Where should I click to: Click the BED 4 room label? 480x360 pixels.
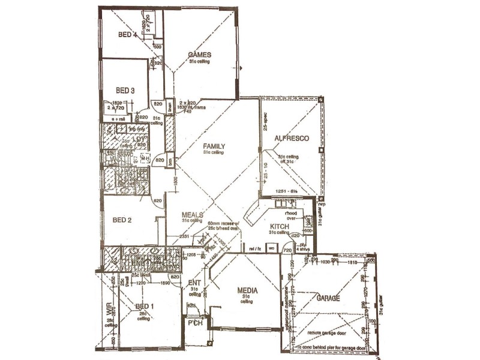pos(127,35)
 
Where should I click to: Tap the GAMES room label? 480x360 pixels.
pos(199,54)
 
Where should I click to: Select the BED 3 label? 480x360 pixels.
pos(125,91)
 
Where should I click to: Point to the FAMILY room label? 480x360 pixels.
pos(213,146)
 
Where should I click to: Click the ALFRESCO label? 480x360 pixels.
pos(291,139)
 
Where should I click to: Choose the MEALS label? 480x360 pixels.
pos(193,214)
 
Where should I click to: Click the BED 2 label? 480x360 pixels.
pos(122,220)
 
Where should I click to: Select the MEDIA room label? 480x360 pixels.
pos(247,290)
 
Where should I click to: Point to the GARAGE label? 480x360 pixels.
pos(328,298)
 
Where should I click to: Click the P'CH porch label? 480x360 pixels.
pos(194,325)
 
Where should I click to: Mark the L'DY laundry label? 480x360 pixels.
pos(139,140)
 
